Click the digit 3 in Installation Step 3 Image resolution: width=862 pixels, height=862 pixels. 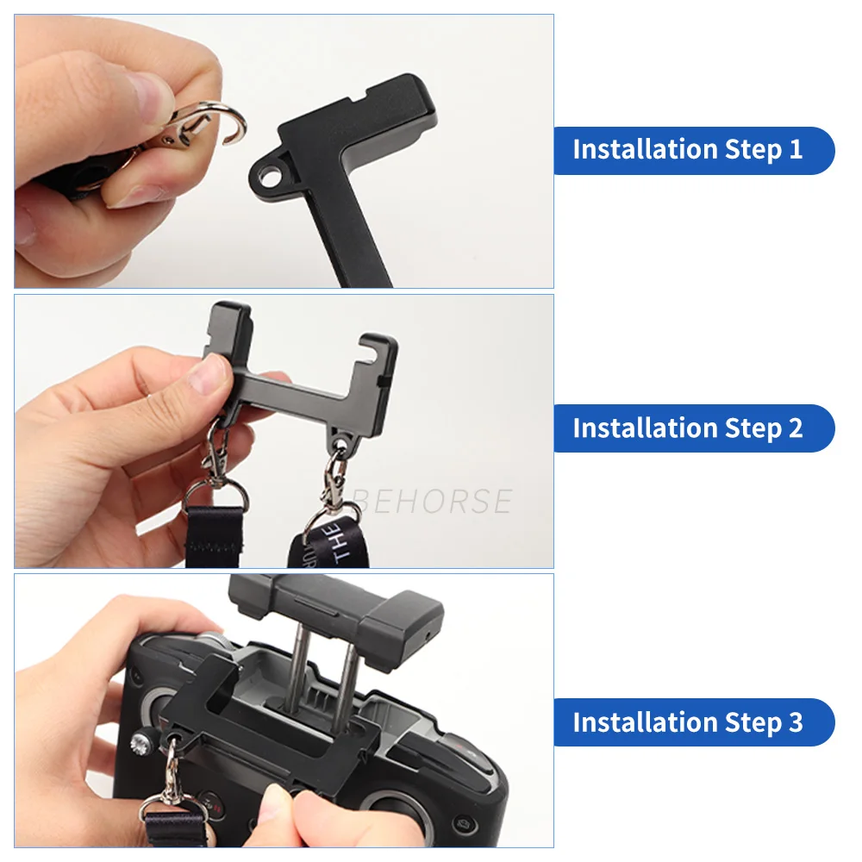(x=794, y=722)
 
